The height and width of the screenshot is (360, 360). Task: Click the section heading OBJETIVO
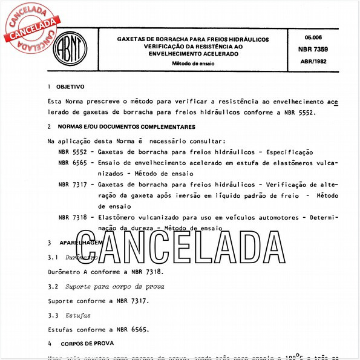[71, 87]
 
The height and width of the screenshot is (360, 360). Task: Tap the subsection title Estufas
[79, 315]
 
